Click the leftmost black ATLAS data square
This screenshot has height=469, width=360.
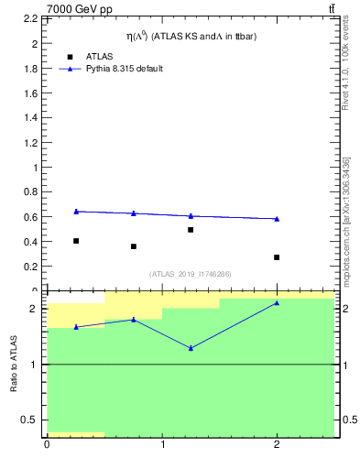[76, 241]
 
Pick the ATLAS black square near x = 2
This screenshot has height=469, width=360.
[277, 257]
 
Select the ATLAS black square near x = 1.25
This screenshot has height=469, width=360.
[191, 230]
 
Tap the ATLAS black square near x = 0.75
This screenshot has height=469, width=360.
[134, 246]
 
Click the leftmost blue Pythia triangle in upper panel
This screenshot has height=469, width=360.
[76, 212]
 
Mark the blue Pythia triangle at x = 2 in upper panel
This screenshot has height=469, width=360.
[277, 218]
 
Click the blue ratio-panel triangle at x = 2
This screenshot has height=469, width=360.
[277, 302]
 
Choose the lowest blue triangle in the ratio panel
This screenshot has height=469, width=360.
[191, 348]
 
